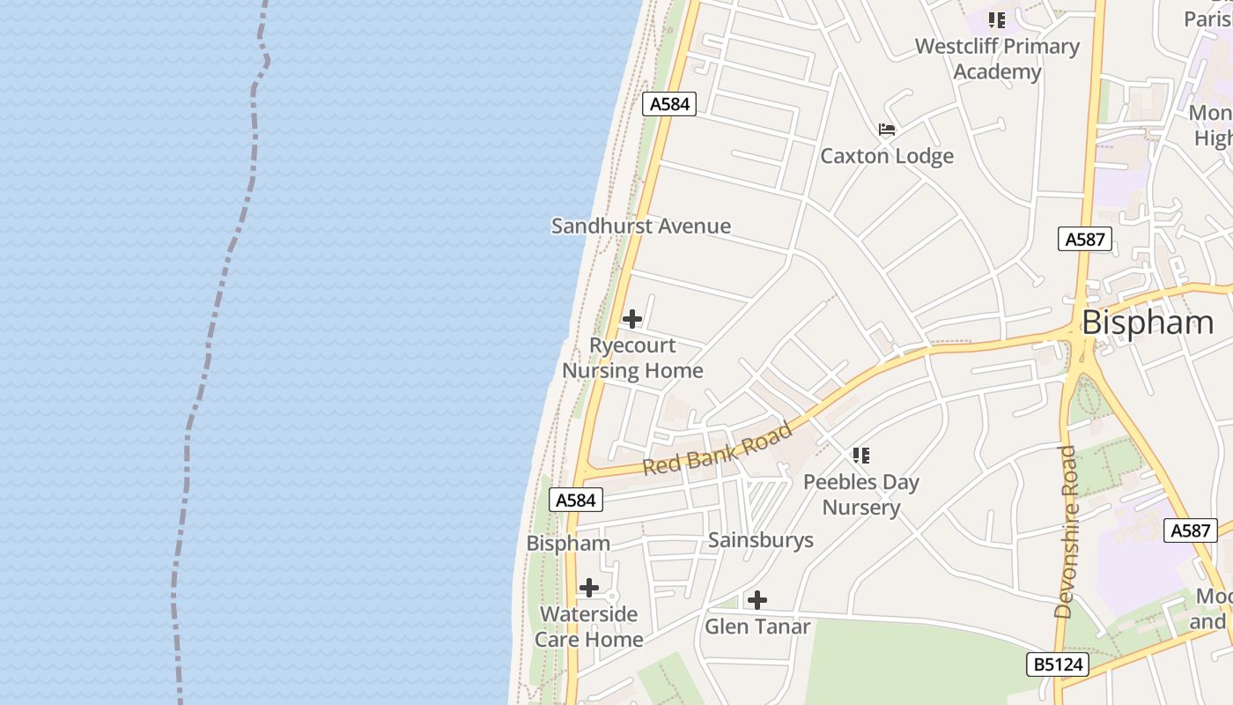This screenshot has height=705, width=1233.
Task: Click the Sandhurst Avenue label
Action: point(640,226)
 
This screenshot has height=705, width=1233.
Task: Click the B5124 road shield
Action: point(1058,664)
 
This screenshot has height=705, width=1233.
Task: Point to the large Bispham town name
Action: point(1147,323)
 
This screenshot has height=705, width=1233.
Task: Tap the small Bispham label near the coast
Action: point(568,543)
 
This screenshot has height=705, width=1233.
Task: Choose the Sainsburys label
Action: point(760,540)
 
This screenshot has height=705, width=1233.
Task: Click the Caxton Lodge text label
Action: point(886,156)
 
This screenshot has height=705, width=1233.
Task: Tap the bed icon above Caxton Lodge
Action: point(887,130)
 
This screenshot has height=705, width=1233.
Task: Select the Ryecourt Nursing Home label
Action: point(632,358)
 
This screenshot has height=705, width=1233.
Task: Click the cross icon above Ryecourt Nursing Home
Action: point(632,319)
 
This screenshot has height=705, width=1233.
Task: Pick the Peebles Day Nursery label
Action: point(860,494)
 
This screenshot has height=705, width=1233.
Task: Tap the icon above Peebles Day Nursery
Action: point(861,456)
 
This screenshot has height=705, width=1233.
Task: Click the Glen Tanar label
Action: point(757,627)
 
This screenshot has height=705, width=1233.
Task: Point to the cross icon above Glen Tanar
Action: point(757,601)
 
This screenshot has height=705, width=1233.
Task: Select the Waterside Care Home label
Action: point(588,627)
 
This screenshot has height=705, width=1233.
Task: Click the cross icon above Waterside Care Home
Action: point(589,588)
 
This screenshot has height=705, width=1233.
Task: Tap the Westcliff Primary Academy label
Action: point(997,58)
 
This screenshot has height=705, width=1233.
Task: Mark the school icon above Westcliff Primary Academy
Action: point(997,19)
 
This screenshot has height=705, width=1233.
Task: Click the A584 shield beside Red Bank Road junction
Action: point(577,501)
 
